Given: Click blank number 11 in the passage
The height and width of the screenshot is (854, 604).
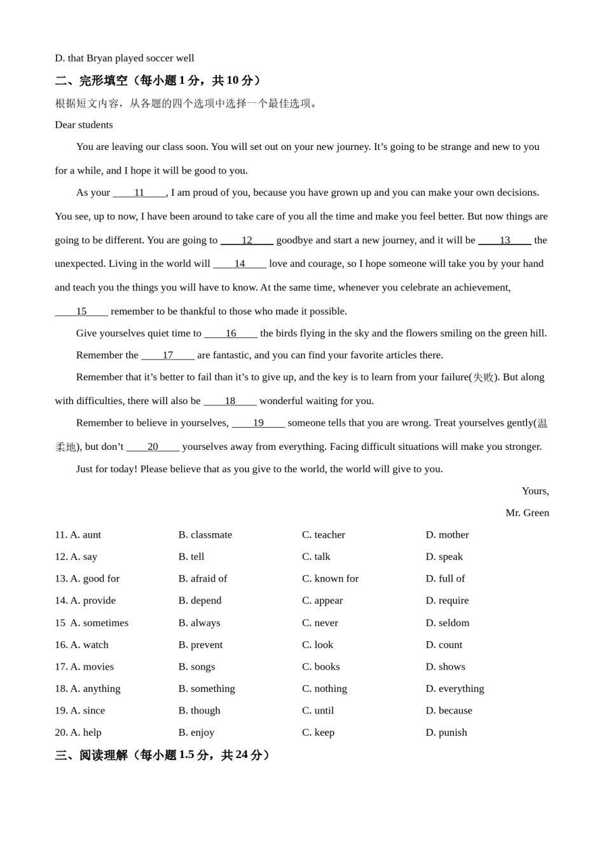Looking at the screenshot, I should [139, 193].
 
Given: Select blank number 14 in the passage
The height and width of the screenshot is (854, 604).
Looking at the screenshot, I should [240, 264].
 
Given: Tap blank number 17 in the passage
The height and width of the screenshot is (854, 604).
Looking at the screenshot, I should [168, 355].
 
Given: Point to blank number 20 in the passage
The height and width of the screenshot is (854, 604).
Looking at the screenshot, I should [153, 447].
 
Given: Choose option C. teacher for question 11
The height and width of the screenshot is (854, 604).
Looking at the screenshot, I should [324, 535].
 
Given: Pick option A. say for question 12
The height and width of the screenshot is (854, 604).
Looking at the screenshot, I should [83, 557].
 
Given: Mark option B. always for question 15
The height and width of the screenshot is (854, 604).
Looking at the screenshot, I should [199, 623].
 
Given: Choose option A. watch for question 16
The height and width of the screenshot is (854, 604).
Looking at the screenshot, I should [89, 645].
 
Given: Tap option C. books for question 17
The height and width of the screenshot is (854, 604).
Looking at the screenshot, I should [321, 667].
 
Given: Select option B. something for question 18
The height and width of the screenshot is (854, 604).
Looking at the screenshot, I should [207, 689].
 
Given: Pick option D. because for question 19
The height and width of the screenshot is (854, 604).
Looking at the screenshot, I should [449, 710].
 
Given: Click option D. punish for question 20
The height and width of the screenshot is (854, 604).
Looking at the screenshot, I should [446, 733].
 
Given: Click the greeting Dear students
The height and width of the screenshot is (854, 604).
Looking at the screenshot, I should [84, 125].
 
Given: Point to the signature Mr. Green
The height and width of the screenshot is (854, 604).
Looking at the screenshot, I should [527, 513].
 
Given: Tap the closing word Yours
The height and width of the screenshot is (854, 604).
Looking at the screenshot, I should [535, 491].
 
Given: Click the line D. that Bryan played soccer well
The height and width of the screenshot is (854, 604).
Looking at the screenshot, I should [125, 58].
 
